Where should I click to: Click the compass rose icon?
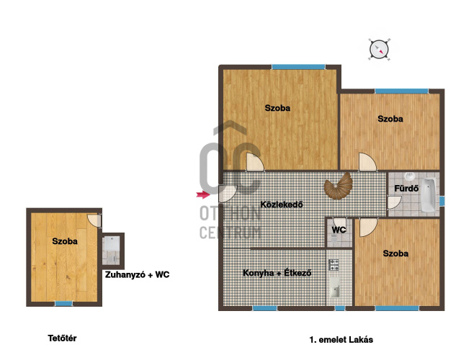(379, 50)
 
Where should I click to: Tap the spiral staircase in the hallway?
(339, 186)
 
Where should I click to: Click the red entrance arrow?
(203, 194)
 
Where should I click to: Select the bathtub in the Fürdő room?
(428, 195)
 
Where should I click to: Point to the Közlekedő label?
(282, 204)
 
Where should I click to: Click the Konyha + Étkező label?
(277, 273)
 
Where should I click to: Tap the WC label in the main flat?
(339, 230)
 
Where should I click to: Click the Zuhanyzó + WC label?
(138, 275)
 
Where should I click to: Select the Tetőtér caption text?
(62, 338)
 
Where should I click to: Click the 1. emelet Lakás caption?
(341, 340)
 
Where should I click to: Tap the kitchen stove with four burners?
(334, 264)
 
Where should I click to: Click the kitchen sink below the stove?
(334, 288)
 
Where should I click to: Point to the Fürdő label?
(406, 189)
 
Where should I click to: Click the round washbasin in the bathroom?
(410, 176)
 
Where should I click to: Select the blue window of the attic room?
(64, 304)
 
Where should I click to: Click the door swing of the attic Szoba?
(94, 221)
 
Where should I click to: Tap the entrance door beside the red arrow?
(228, 194)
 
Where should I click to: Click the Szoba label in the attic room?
(65, 241)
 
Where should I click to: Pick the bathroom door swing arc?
(395, 202)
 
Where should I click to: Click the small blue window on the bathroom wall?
(442, 201)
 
